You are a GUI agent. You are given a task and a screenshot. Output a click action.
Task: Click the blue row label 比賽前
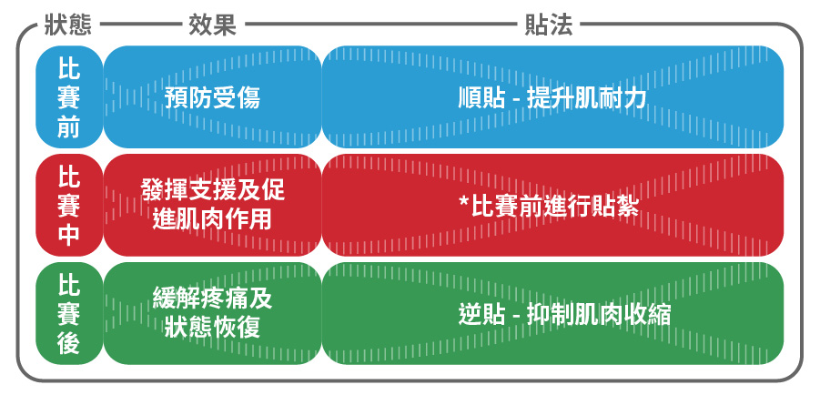(x=68, y=97)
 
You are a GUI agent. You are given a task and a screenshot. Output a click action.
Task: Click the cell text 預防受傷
(x=212, y=97)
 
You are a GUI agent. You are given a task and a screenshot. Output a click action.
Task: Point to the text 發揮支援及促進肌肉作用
(x=212, y=204)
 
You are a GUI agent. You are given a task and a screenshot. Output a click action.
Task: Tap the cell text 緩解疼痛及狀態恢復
(x=212, y=312)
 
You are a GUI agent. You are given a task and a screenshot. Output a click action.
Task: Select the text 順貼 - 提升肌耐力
(x=552, y=97)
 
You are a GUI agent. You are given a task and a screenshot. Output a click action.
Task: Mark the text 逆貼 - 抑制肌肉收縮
(x=564, y=314)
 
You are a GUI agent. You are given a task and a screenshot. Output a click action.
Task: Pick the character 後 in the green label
(x=68, y=342)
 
